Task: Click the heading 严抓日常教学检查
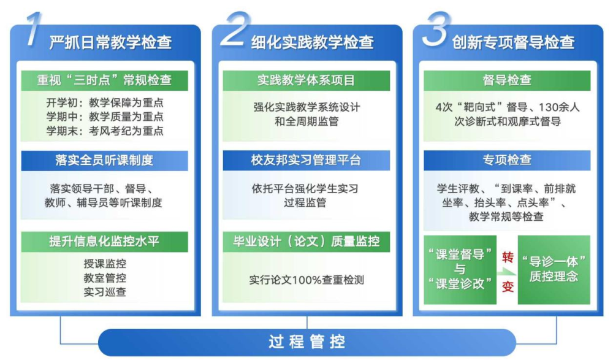110,42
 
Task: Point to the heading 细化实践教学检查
312,42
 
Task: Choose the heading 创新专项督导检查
513,42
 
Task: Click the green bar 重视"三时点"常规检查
104,80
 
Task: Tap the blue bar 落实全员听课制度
104,161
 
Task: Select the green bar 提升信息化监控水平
104,241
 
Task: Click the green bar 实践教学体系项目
306,80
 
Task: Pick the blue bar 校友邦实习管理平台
306,161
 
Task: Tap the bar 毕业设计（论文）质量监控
306,241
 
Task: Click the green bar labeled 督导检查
507,80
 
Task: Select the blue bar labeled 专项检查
507,161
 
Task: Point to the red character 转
507,258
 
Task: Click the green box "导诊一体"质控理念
554,269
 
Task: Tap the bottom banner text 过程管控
306,342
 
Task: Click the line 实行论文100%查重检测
306,280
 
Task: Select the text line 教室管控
105,278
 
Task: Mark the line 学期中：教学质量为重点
105,117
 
